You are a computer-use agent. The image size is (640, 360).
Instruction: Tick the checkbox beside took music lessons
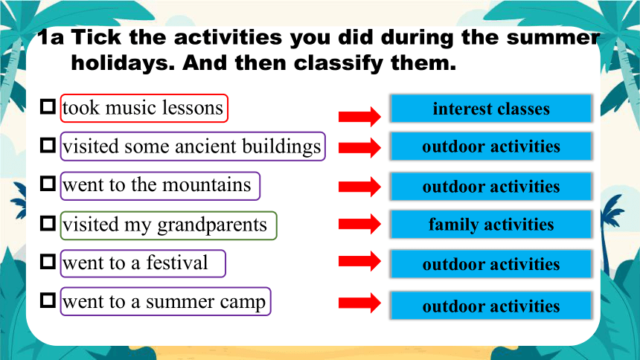[48, 107]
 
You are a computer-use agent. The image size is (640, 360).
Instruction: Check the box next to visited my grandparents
[48, 224]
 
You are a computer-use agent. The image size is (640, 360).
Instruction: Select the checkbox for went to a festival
[48, 262]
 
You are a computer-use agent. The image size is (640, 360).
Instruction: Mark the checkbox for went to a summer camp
[48, 300]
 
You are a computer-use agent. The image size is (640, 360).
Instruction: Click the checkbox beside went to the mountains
[48, 184]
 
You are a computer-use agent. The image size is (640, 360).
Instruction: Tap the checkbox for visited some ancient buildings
[48, 145]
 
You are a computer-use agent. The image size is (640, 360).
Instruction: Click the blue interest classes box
[491, 109]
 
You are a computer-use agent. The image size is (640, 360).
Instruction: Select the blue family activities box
[491, 224]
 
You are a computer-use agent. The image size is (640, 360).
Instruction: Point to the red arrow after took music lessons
[359, 117]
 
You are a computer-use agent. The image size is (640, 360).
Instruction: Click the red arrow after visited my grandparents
[359, 224]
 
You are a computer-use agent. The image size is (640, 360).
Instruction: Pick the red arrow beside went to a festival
[359, 261]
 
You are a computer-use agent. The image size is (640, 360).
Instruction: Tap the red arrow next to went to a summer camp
[359, 303]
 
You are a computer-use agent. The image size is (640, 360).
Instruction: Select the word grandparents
[212, 225]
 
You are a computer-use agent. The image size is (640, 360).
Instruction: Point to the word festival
[177, 262]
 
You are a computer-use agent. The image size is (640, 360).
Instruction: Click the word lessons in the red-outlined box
[193, 108]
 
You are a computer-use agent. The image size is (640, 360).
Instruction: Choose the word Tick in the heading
[97, 37]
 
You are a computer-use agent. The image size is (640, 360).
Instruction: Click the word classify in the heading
[339, 64]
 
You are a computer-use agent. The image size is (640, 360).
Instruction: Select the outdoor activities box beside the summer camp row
[491, 306]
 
